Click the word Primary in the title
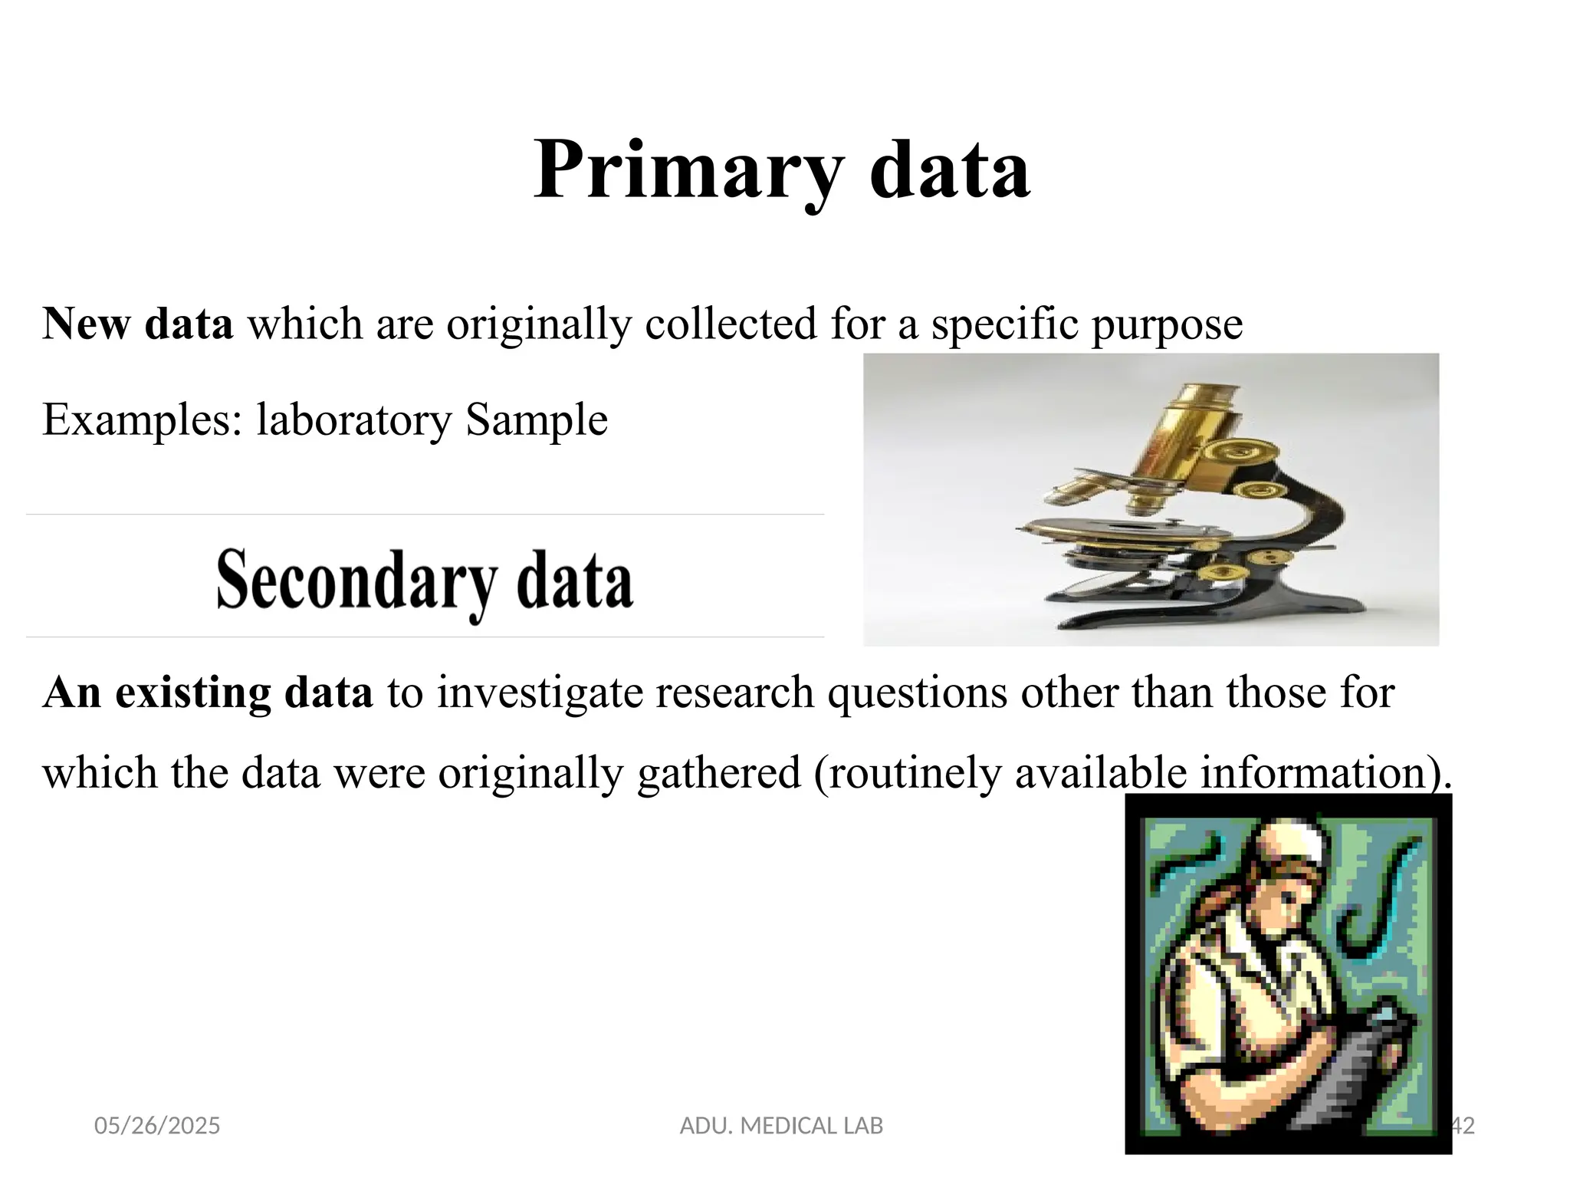tap(688, 170)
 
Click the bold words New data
tap(138, 324)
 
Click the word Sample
tap(537, 420)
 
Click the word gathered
tap(718, 773)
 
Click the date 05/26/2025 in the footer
tap(157, 1126)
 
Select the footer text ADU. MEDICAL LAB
tap(781, 1126)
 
